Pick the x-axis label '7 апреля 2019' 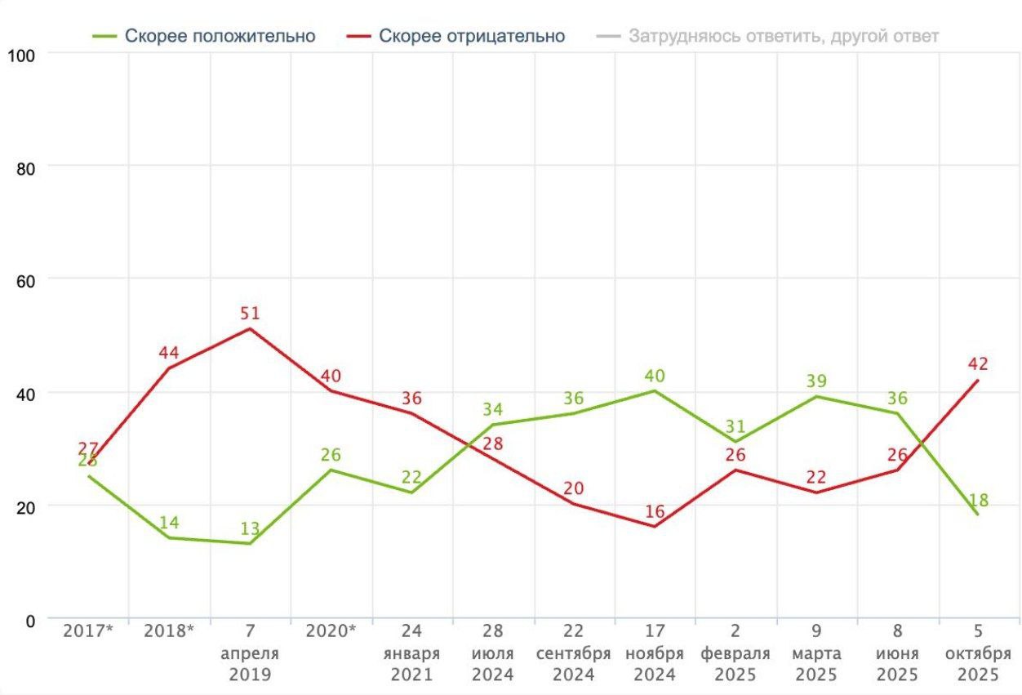click(250, 653)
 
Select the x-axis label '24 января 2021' click(411, 653)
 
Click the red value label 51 click(250, 314)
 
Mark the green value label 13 click(250, 528)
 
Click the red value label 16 click(655, 512)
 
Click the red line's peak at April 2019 click(250, 328)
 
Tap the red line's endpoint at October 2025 click(978, 380)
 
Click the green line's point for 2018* click(169, 537)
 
